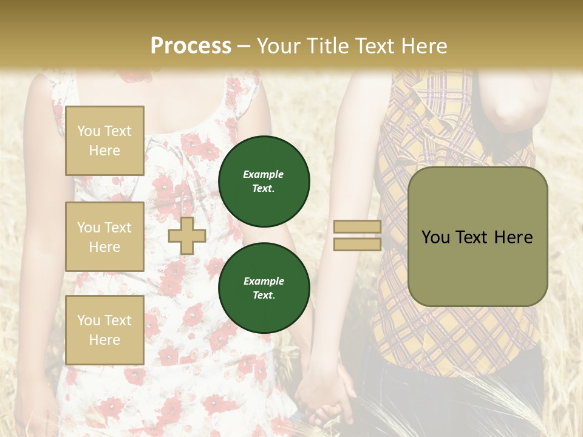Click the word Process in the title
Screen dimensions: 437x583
tap(191, 46)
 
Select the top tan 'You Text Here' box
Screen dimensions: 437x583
tap(104, 141)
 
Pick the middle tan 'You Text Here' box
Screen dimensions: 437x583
tap(104, 237)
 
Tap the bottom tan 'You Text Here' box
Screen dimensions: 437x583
tap(104, 330)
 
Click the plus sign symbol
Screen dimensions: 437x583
tap(187, 235)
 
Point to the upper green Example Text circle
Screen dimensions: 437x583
tap(264, 181)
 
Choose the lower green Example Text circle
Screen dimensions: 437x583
tap(264, 288)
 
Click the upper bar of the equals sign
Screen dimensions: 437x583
tap(357, 227)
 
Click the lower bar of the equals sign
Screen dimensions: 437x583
tap(357, 244)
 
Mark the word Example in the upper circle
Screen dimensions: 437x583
tap(264, 174)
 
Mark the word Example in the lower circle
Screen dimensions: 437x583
tap(264, 281)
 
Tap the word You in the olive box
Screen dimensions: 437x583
tap(435, 237)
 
